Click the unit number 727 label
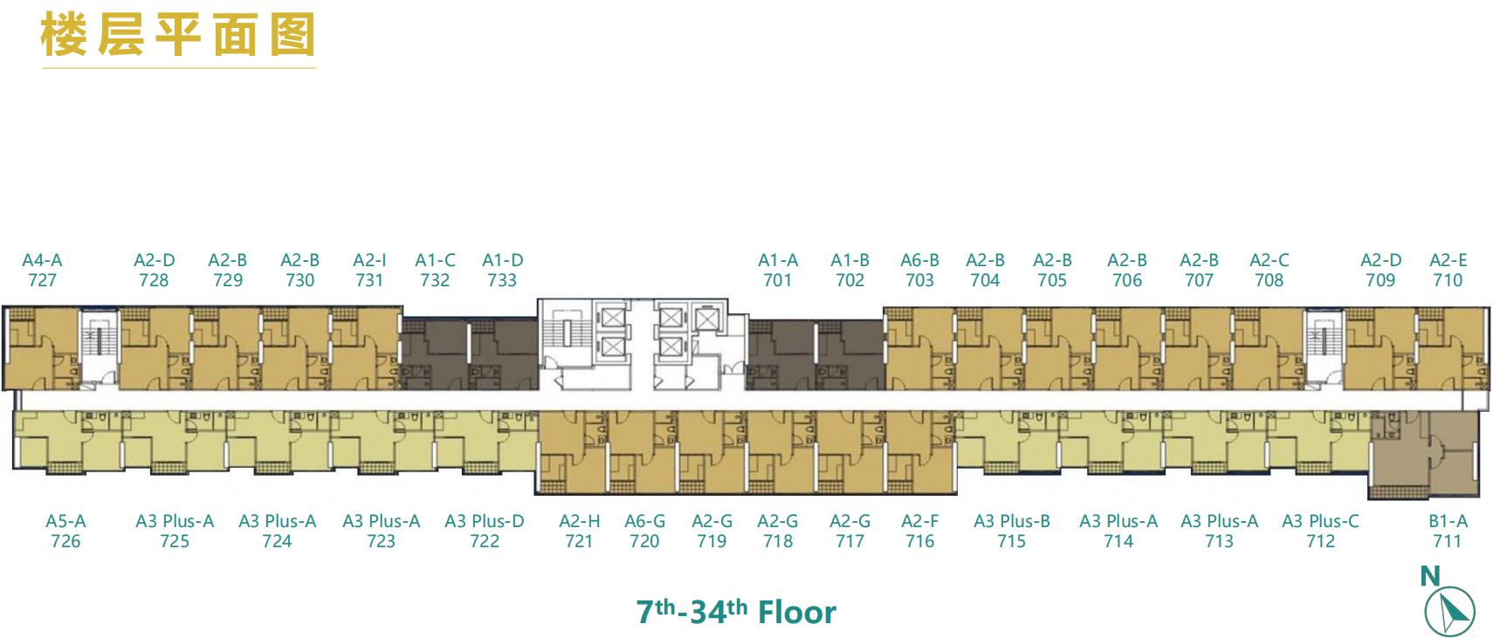point(42,280)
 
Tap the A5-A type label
point(65,521)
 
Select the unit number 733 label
point(502,280)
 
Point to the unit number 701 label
point(777,280)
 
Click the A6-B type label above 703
point(919,260)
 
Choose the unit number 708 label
point(1269,280)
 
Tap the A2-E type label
point(1448,260)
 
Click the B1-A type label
point(1448,521)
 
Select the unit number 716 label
point(919,541)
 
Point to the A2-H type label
point(579,521)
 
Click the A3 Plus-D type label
point(485,521)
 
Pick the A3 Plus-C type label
point(1320,521)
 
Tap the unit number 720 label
point(644,541)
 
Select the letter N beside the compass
point(1429,576)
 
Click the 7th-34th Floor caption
point(736,612)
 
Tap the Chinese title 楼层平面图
point(177,35)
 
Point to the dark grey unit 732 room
point(436,353)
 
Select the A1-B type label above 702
point(850,260)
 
